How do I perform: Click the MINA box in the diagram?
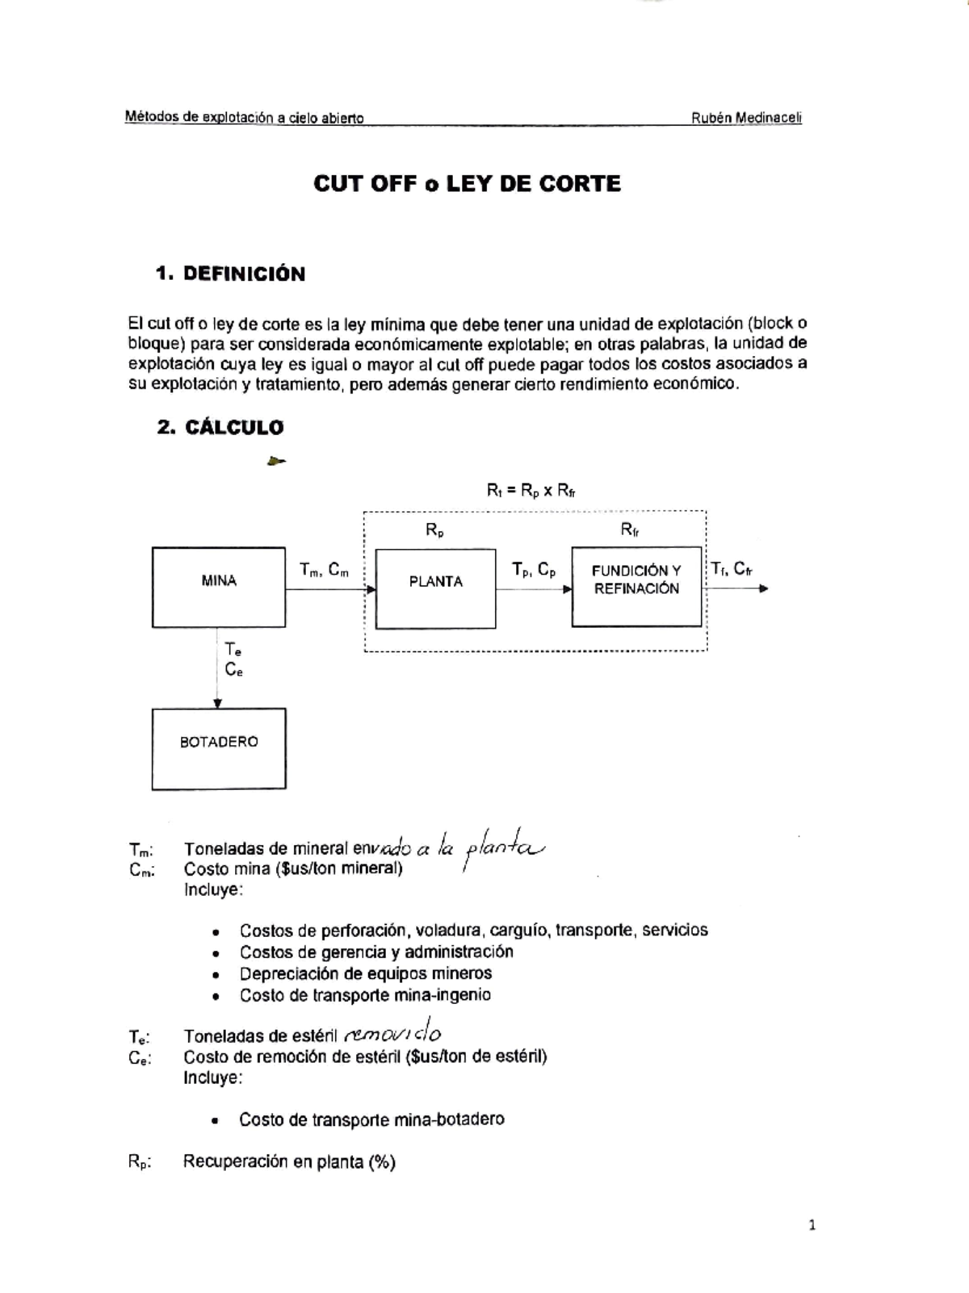tap(219, 588)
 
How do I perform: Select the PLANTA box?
tap(436, 588)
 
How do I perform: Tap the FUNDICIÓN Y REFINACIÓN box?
tap(636, 586)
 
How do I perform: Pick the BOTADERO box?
tap(219, 748)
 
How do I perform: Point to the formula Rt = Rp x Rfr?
tap(531, 490)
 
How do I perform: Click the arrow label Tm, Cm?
tap(325, 570)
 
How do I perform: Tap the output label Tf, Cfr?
tap(732, 569)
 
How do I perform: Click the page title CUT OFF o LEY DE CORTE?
tap(468, 184)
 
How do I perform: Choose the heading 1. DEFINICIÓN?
tap(231, 274)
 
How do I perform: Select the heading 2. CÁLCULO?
tap(220, 428)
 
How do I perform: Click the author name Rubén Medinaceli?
tap(746, 118)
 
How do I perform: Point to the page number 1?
tap(812, 1225)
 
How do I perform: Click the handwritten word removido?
tap(392, 1034)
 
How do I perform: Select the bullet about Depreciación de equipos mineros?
tap(365, 973)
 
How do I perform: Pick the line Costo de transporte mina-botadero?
tap(371, 1119)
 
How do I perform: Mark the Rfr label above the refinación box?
tap(631, 529)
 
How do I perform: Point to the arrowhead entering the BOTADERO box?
tap(217, 704)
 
